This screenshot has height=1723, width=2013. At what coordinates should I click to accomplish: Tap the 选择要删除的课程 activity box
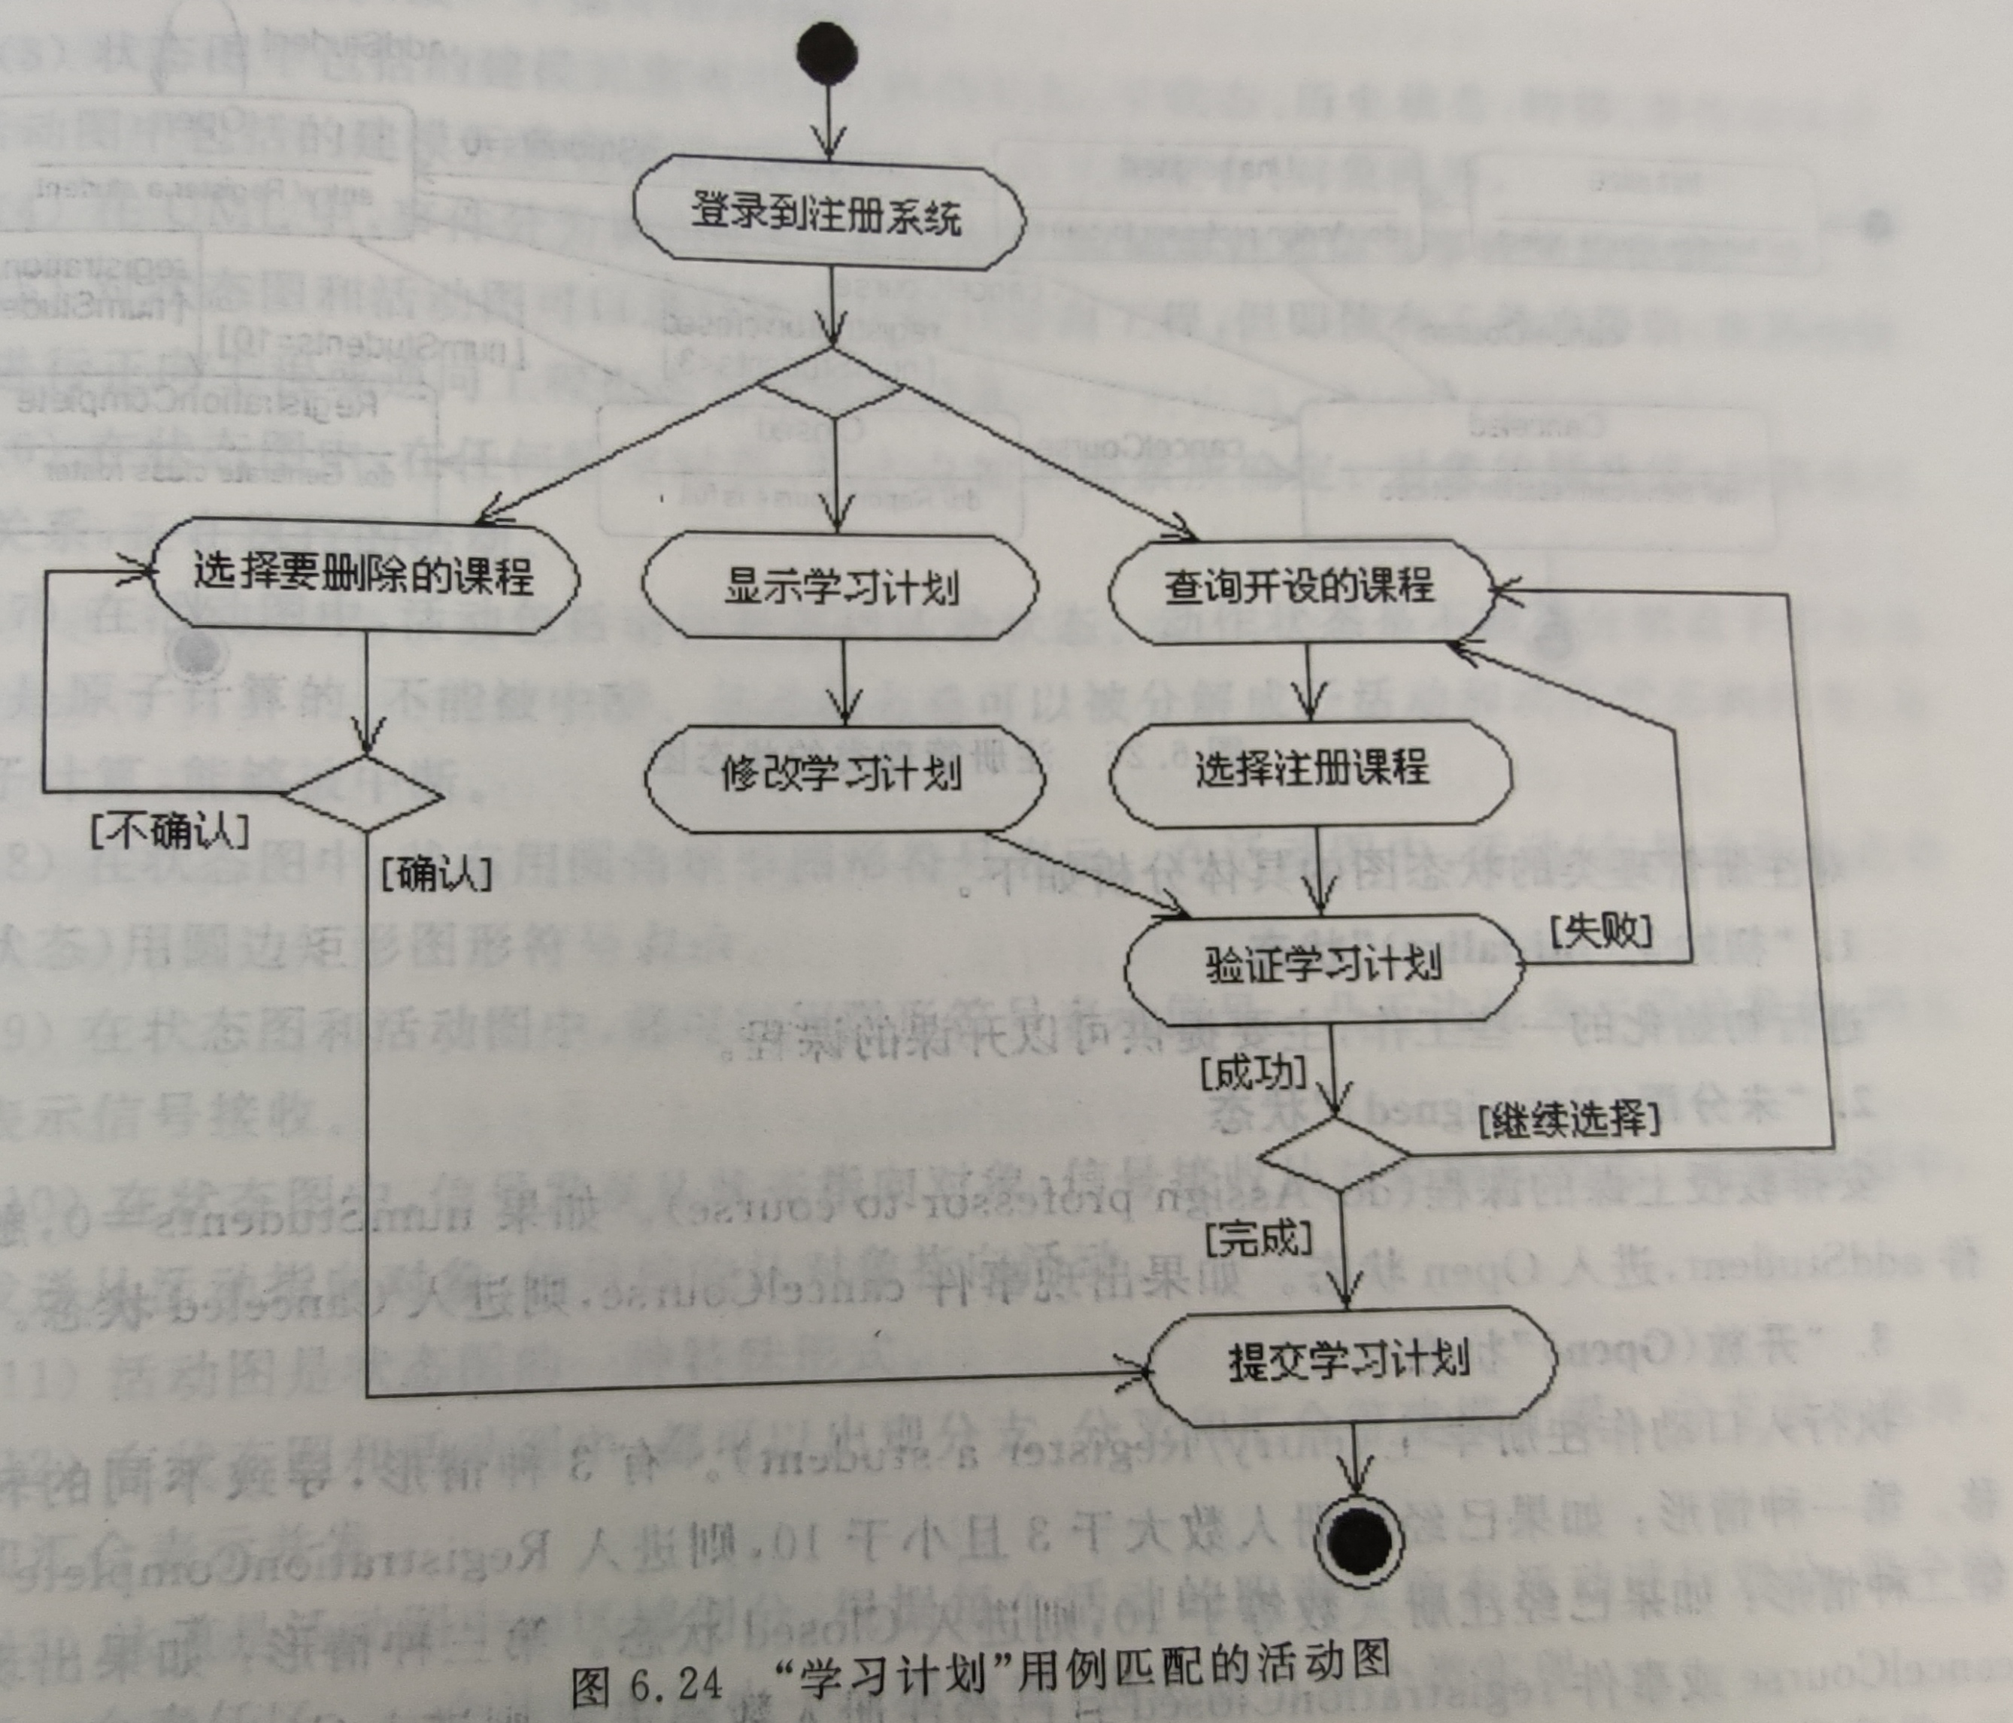363,575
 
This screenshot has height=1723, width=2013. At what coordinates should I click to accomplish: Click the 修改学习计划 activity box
843,775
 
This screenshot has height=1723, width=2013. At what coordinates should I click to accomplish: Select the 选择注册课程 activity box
1311,769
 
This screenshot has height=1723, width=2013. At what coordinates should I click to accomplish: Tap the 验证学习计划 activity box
1323,965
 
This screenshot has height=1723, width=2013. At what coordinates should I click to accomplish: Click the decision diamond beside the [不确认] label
364,795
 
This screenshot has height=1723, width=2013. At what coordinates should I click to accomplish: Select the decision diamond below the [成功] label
1333,1154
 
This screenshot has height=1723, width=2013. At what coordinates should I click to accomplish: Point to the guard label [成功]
1252,1074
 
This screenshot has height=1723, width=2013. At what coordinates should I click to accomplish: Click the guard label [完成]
1258,1239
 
